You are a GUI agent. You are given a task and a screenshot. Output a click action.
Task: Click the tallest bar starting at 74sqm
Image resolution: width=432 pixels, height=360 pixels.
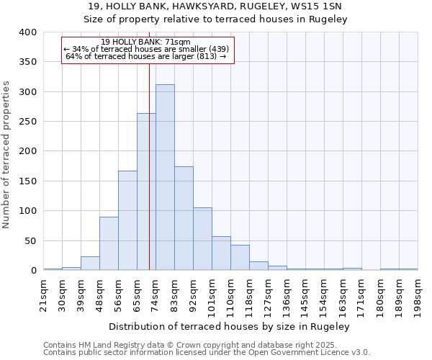click(165, 178)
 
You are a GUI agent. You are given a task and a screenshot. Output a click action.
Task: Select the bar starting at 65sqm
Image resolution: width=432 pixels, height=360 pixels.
click(146, 192)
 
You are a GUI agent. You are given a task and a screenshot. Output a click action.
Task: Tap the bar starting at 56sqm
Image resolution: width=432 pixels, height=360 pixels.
click(127, 220)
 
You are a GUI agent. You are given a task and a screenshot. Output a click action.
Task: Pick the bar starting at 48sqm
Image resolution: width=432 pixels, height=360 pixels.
click(109, 243)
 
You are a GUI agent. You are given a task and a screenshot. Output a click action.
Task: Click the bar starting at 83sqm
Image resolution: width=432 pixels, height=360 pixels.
click(184, 218)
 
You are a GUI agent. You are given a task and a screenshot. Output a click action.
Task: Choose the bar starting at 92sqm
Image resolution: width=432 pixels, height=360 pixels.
click(202, 239)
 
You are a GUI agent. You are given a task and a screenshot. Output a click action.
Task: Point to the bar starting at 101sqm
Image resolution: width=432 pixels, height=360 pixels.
click(221, 253)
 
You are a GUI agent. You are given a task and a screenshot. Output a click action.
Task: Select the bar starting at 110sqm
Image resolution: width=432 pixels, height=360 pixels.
click(240, 258)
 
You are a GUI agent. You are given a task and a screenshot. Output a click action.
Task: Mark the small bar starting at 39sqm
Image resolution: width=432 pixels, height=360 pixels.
click(90, 264)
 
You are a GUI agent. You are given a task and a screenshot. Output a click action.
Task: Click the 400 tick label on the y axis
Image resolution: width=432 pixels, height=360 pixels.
click(27, 32)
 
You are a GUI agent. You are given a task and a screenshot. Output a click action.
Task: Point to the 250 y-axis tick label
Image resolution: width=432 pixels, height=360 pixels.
click(27, 122)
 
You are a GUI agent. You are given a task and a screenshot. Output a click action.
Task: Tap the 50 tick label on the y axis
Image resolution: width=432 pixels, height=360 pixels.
click(30, 240)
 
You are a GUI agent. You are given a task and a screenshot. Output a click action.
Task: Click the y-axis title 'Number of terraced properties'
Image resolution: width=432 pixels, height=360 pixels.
click(6, 154)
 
